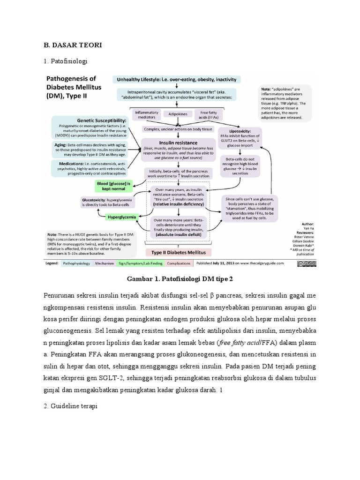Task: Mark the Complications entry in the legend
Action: pos(178,264)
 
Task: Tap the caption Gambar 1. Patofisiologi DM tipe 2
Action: pos(180,279)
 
